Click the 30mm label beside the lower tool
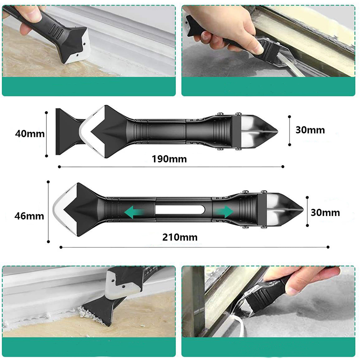[325, 212]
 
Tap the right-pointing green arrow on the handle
[224, 211]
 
